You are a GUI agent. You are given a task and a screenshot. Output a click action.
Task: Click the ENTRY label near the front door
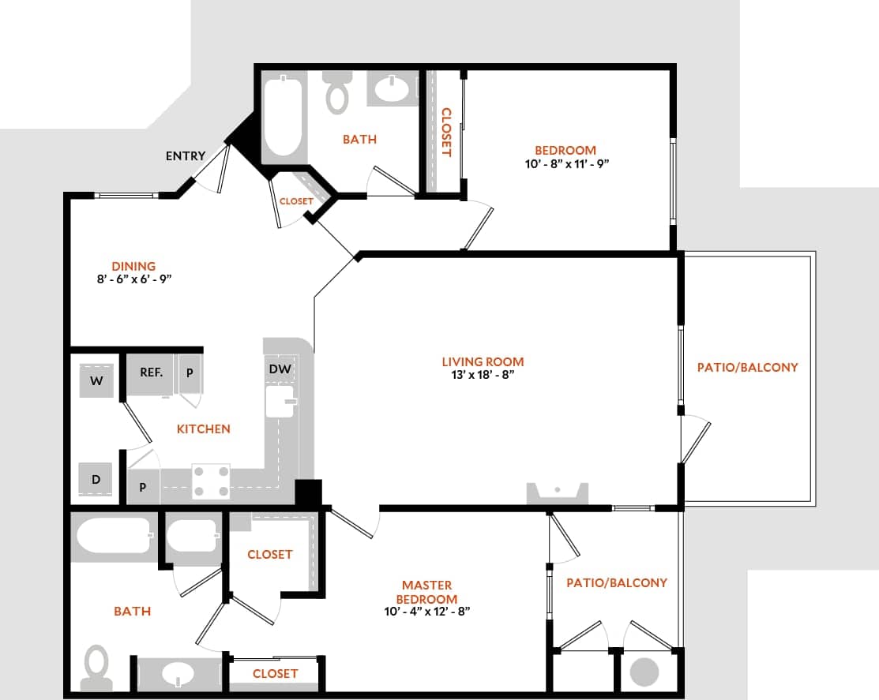[x=185, y=156]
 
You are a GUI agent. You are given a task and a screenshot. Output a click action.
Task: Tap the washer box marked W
[x=97, y=381]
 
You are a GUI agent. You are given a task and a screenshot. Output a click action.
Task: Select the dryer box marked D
[x=96, y=479]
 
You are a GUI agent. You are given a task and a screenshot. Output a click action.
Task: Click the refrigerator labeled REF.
[x=151, y=372]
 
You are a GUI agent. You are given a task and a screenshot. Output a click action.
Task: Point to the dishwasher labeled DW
[x=279, y=369]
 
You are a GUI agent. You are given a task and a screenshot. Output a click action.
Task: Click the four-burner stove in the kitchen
[x=211, y=481]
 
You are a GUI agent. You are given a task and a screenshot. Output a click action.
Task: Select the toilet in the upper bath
[x=338, y=93]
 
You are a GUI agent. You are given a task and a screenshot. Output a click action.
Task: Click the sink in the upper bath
[x=393, y=89]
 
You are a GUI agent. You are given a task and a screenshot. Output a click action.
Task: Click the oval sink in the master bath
[x=178, y=675]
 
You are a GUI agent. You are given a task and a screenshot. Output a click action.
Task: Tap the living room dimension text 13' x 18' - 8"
[x=483, y=375]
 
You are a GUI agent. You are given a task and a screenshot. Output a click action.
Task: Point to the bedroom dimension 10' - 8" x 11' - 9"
[x=565, y=163]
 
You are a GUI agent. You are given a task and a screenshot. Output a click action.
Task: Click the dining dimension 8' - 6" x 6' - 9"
[x=133, y=279]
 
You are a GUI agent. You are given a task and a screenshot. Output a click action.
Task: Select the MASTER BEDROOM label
[x=426, y=592]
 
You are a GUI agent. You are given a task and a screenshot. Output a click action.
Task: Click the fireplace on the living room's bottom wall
[x=558, y=493]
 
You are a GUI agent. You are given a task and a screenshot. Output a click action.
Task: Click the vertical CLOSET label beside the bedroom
[x=445, y=132]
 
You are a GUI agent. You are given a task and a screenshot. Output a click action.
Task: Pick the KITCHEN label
[x=203, y=429]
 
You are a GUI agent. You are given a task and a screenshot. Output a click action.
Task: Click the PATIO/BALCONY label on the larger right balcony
[x=747, y=367]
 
